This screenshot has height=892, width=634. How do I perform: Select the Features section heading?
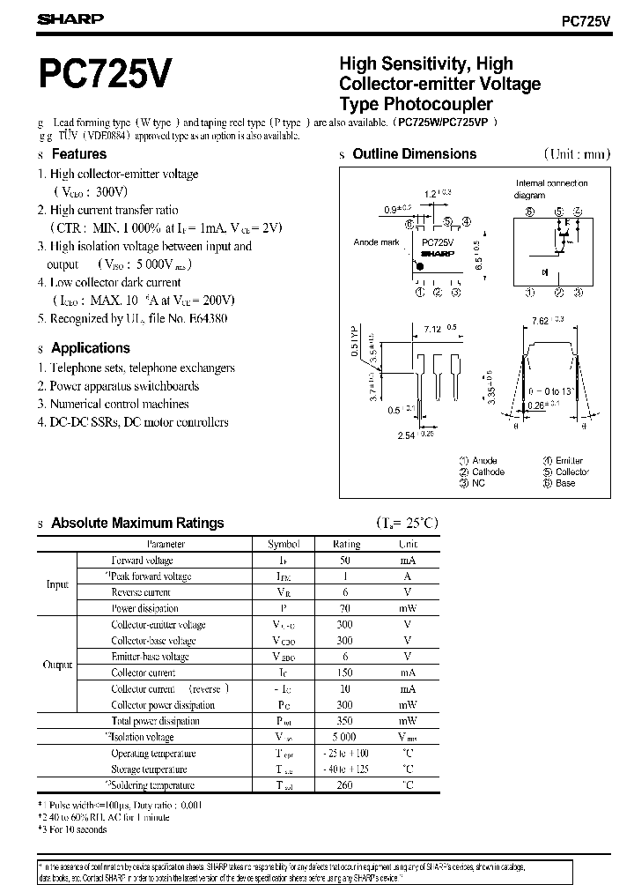point(78,153)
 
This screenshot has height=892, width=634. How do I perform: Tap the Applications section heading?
point(90,348)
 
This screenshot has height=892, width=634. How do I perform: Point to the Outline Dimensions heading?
point(414,153)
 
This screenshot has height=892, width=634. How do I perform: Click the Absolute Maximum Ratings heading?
point(137,523)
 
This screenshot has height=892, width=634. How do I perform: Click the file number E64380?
point(207,319)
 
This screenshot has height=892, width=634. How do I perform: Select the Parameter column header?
point(166,545)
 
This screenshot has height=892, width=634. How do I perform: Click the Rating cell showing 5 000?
point(344,737)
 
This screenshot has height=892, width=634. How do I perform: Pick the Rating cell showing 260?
point(344,785)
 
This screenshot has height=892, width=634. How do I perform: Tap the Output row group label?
point(57,665)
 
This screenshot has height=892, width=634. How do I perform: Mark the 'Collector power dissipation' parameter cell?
point(163,705)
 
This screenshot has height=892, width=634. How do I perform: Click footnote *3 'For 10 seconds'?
point(73,829)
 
